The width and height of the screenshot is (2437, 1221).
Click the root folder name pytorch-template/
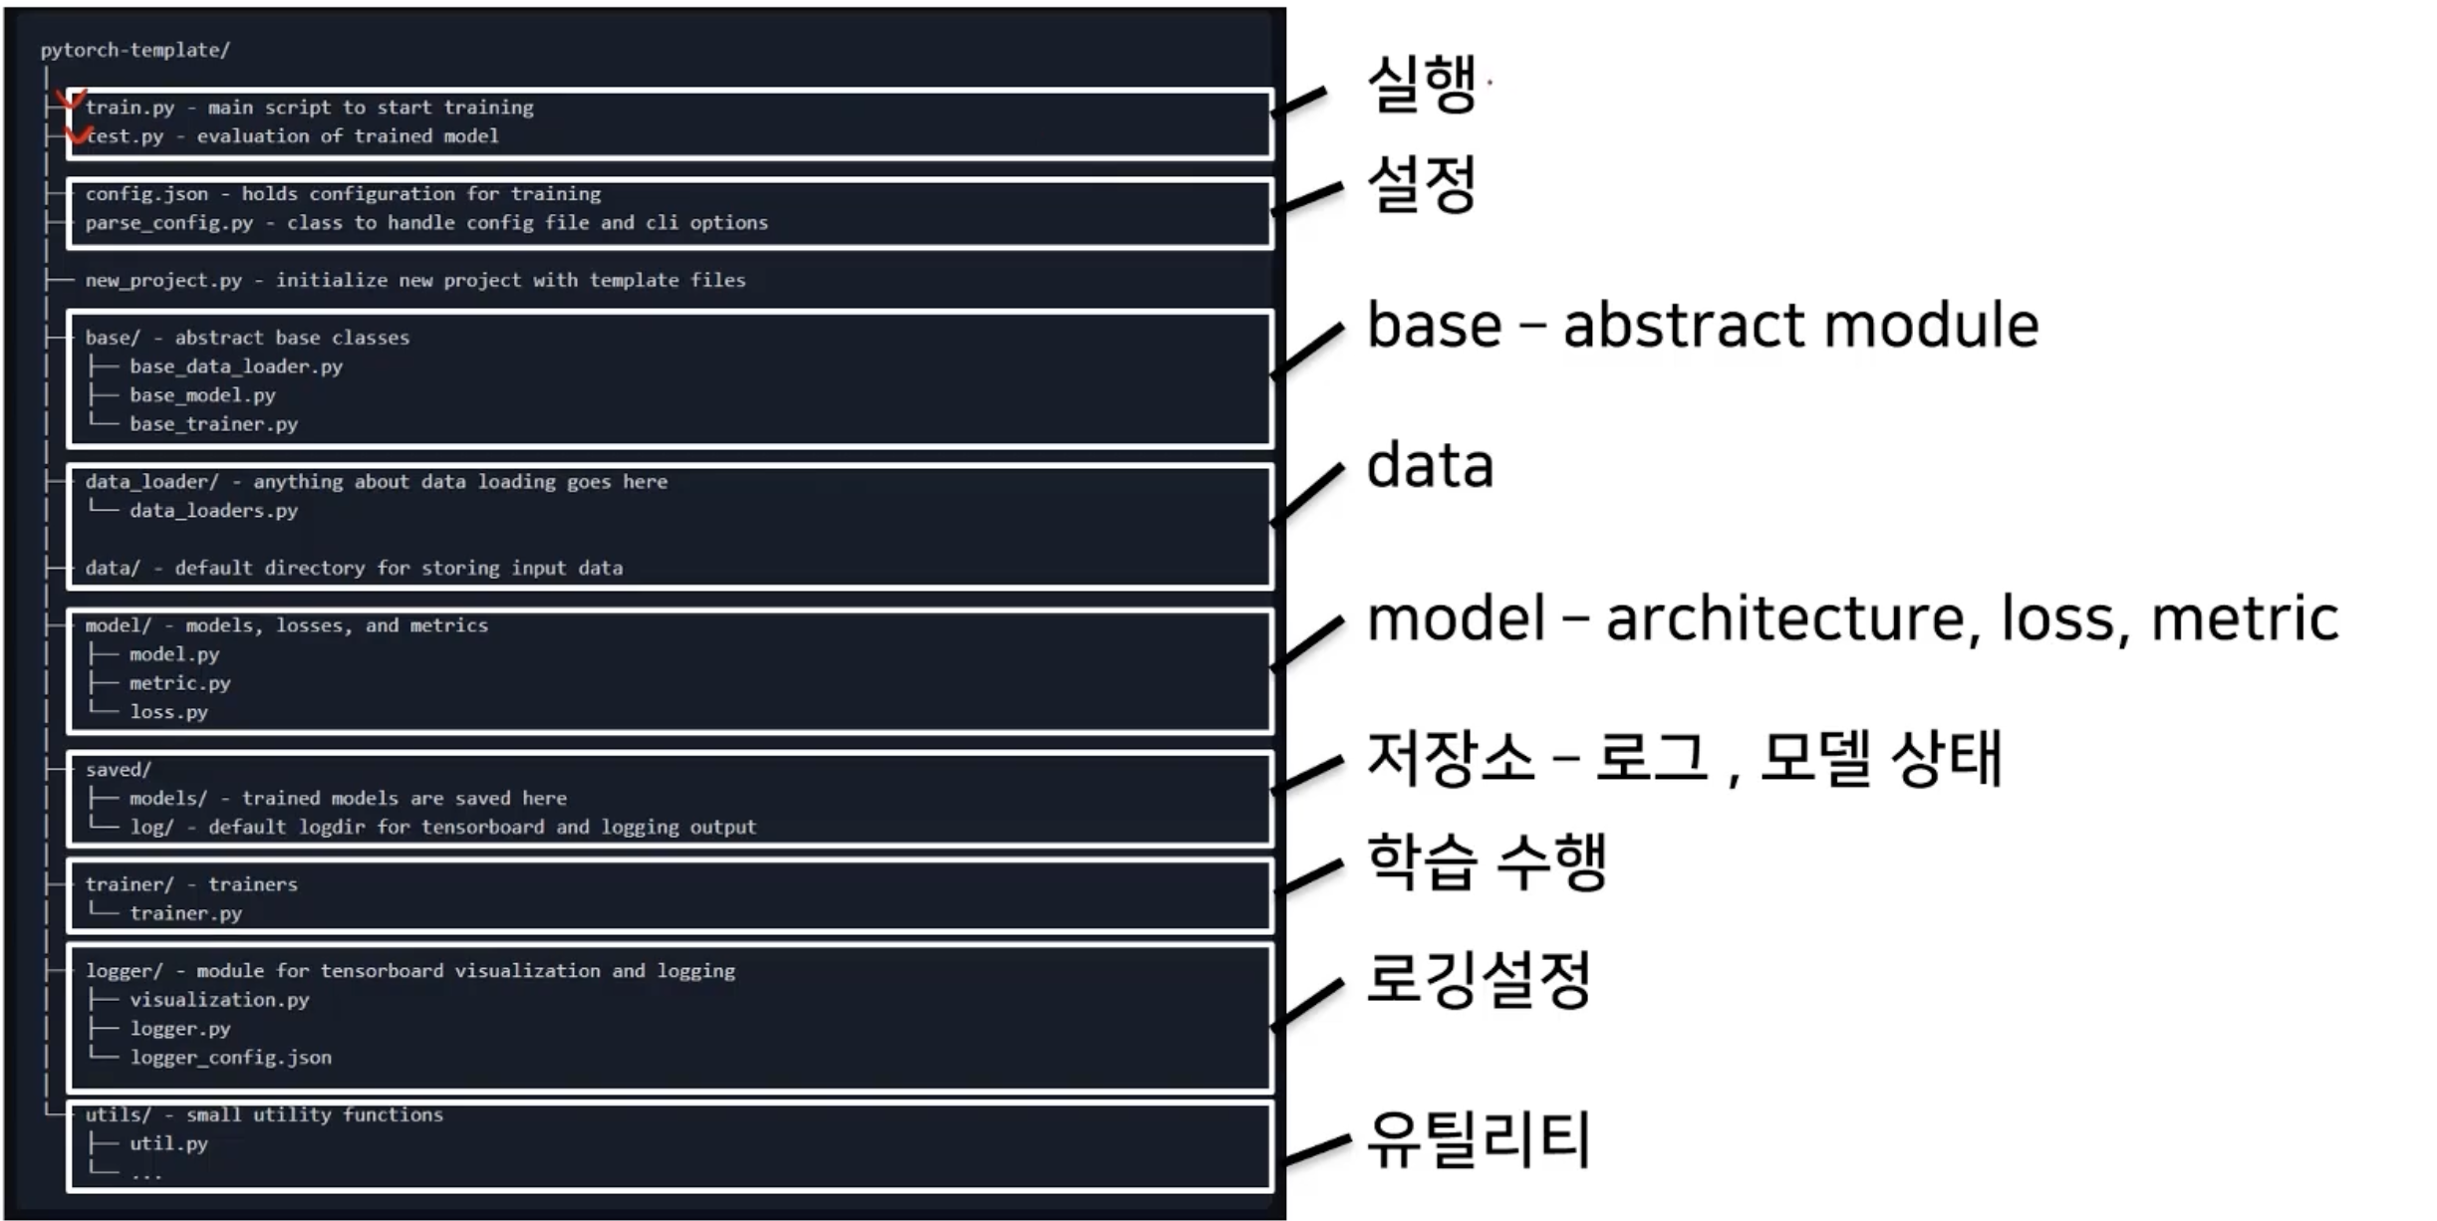(135, 50)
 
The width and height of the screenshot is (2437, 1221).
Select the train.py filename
(130, 108)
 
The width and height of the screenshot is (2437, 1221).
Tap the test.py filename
(126, 136)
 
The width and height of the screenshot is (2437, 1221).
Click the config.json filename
(146, 194)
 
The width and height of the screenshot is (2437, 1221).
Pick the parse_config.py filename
(168, 223)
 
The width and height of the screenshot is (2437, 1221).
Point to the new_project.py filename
(163, 281)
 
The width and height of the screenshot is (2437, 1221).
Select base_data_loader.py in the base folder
(235, 366)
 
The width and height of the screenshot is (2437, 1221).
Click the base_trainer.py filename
(213, 424)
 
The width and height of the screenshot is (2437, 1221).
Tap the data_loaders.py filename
(213, 511)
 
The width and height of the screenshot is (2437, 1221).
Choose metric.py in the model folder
(179, 683)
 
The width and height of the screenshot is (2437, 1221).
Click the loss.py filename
(168, 712)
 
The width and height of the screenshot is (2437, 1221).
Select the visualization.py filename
(219, 1000)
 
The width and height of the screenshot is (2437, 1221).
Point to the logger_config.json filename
(230, 1058)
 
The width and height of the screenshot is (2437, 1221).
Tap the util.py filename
(168, 1144)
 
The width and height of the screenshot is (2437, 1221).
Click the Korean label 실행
(1421, 84)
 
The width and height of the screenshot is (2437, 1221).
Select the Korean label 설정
(1421, 183)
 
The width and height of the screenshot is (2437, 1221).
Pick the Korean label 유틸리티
(1479, 1139)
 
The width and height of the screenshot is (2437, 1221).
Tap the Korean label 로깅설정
(1479, 980)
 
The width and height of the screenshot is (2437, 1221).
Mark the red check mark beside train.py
(70, 101)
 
